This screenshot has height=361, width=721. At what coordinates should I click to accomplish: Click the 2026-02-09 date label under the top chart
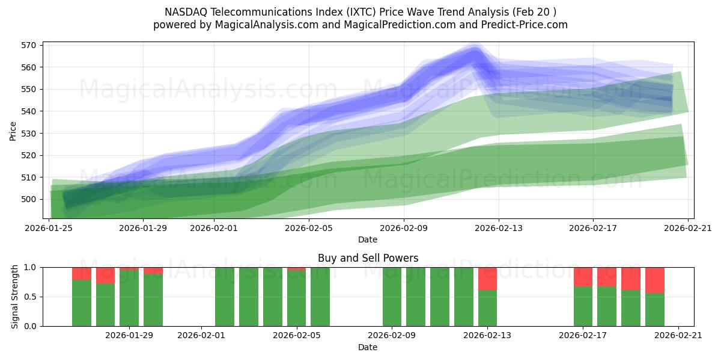(x=403, y=228)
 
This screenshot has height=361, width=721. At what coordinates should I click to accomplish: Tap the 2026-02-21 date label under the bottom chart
(x=678, y=336)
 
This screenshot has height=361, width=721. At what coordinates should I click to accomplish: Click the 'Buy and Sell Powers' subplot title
(x=368, y=258)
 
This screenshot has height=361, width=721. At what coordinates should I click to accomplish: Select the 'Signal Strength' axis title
(x=15, y=297)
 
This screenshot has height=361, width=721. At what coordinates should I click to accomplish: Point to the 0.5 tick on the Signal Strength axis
(x=30, y=297)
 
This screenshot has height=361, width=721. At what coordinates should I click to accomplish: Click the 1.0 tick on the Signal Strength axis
(x=30, y=267)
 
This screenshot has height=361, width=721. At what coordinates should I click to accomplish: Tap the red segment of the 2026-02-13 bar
(x=487, y=278)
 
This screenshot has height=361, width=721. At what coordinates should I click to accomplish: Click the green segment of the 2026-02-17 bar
(x=583, y=307)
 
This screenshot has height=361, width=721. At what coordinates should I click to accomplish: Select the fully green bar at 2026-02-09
(x=392, y=297)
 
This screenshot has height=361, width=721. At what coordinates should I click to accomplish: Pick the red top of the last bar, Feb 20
(x=654, y=280)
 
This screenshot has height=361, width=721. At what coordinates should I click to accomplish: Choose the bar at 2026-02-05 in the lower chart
(x=296, y=298)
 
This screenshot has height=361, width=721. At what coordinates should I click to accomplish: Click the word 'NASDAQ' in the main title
(x=185, y=12)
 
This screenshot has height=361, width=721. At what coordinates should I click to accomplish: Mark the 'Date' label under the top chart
(x=368, y=239)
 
